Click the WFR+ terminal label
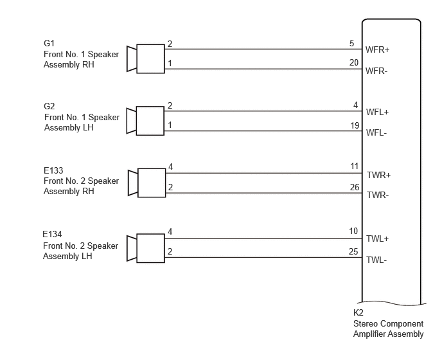(x=377, y=50)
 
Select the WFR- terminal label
(x=376, y=71)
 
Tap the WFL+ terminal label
(x=377, y=113)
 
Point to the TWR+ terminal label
(x=378, y=175)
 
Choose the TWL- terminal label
(x=376, y=260)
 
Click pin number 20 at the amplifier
(x=354, y=62)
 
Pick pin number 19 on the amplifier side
(x=355, y=125)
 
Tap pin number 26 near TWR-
(x=355, y=187)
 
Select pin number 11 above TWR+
(x=355, y=166)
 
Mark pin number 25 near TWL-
(x=353, y=251)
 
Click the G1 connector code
(x=49, y=43)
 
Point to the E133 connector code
(x=53, y=170)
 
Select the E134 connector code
(x=52, y=234)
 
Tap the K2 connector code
(x=358, y=312)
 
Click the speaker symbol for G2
(x=145, y=121)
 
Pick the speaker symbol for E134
(x=146, y=248)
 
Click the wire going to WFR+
(x=263, y=49)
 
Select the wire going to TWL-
(x=263, y=258)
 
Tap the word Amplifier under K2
(x=368, y=334)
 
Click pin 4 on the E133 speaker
(x=170, y=167)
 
